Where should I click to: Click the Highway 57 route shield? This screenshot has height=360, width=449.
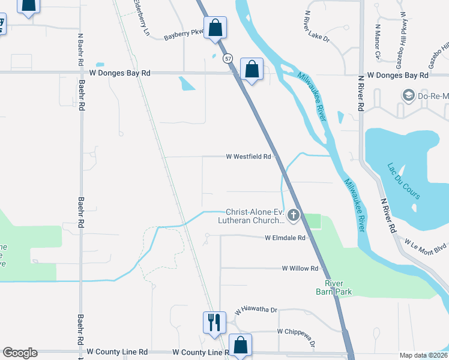click(x=227, y=58)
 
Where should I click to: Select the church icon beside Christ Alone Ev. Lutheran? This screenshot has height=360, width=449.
click(x=294, y=215)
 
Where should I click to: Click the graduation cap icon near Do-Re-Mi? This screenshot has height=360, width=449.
click(x=409, y=95)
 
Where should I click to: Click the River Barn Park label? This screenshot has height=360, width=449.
click(x=337, y=287)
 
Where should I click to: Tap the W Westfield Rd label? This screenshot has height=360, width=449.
click(x=249, y=157)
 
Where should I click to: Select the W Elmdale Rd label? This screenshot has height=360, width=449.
click(x=285, y=238)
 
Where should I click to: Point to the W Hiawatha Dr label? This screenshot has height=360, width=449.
click(x=256, y=311)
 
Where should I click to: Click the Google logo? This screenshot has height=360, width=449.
click(x=20, y=353)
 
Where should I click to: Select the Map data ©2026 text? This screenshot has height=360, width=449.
click(x=424, y=355)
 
